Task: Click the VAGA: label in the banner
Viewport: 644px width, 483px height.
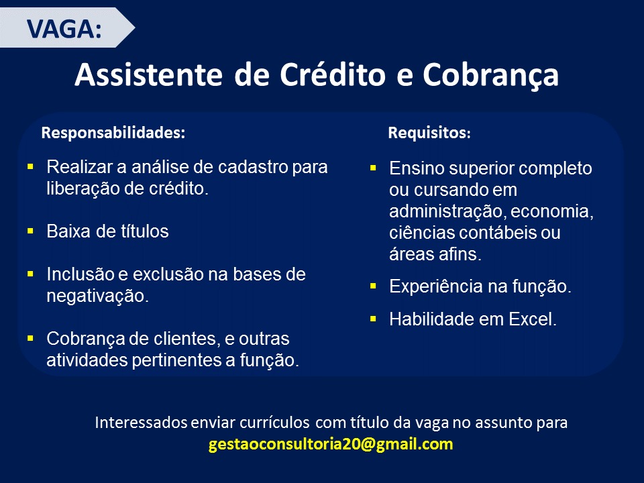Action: click(x=64, y=29)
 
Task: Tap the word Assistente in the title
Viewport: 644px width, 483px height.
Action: click(x=149, y=74)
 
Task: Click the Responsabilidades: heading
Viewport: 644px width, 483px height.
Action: click(x=113, y=133)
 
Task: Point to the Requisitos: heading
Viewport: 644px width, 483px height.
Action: click(x=429, y=133)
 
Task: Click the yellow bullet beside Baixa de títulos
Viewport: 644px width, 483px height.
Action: click(x=30, y=231)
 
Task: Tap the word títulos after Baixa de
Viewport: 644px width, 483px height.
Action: click(x=139, y=231)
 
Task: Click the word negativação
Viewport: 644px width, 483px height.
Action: click(x=98, y=296)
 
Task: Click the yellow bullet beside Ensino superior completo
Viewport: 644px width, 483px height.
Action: click(x=374, y=168)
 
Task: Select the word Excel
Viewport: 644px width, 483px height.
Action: click(x=532, y=319)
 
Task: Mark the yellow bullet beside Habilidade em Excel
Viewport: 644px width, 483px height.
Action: click(x=374, y=319)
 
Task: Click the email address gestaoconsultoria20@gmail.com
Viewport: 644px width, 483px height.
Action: click(x=331, y=444)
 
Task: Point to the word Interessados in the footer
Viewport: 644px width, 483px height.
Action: click(x=141, y=422)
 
